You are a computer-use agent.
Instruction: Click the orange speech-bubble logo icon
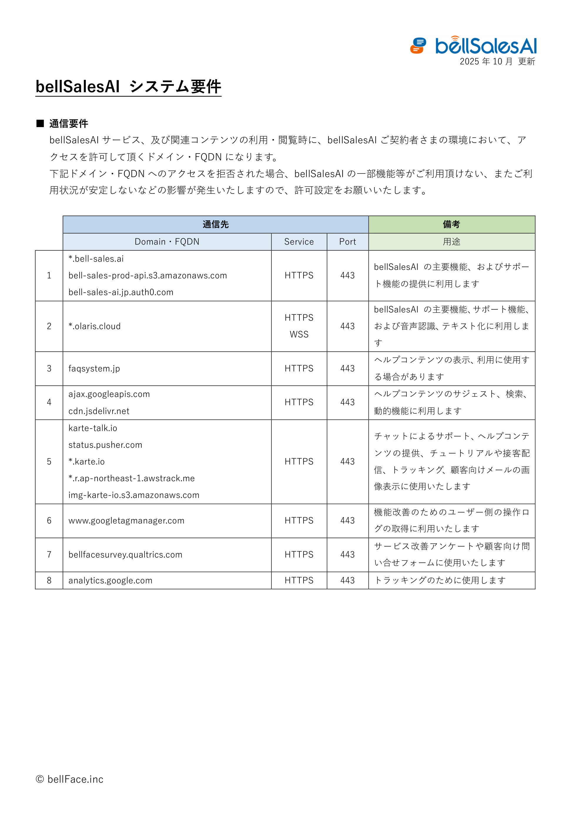pos(418,46)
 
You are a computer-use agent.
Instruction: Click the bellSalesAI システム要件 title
pos(128,87)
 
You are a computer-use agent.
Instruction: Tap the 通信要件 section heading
pos(68,124)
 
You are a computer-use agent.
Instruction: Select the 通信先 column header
pos(215,224)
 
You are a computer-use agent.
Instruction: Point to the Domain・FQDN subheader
pos(167,242)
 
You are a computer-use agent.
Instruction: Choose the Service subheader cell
pos(299,242)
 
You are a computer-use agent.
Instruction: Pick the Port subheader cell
pos(347,242)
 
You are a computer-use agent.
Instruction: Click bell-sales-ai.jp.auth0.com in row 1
pos(121,292)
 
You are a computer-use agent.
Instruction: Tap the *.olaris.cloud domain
pos(94,326)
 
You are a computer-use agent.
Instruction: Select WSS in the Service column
pos(299,334)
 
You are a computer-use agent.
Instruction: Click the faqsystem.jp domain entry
pos(94,369)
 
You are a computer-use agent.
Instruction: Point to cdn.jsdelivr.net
pos(99,411)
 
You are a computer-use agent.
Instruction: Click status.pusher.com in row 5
pos(105,445)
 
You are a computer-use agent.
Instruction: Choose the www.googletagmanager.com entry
pos(126,520)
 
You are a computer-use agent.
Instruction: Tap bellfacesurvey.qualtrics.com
pos(125,555)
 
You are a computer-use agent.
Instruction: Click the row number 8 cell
pos(49,580)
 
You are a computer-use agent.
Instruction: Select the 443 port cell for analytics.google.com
pos(347,580)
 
